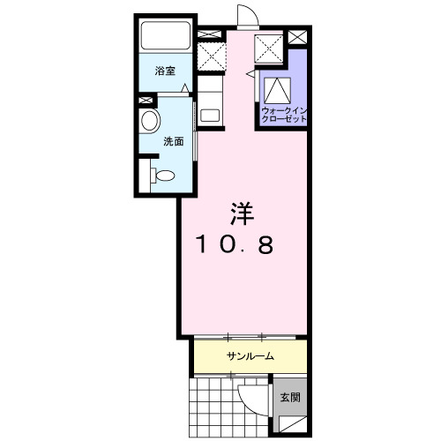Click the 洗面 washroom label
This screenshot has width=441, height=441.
pyautogui.click(x=173, y=141)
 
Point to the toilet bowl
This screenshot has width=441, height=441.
pyautogui.click(x=162, y=176)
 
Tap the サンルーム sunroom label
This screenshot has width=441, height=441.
pyautogui.click(x=250, y=356)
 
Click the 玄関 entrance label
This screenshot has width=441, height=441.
pyautogui.click(x=290, y=398)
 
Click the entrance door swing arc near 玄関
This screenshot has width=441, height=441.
pyautogui.click(x=253, y=393)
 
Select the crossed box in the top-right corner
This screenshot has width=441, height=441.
pyautogui.click(x=297, y=38)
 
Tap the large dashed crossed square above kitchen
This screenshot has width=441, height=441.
pyautogui.click(x=212, y=55)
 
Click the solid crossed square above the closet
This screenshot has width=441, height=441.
pyautogui.click(x=268, y=49)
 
